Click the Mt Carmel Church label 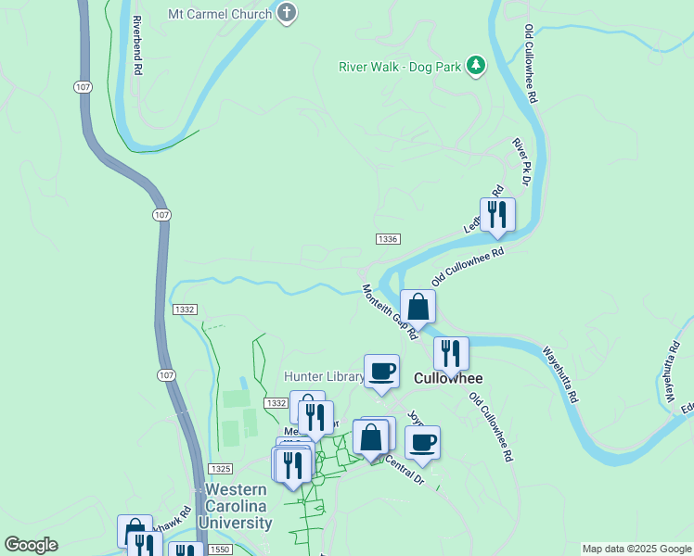click(220, 15)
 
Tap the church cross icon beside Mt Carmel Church click(288, 14)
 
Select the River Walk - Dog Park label click(401, 67)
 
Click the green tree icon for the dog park click(476, 64)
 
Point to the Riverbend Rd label click(136, 44)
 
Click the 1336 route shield click(388, 239)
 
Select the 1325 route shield click(220, 469)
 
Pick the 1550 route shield click(220, 550)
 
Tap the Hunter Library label click(322, 376)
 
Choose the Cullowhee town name click(444, 378)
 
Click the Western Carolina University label click(239, 506)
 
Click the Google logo click(32, 545)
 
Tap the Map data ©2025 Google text click(636, 549)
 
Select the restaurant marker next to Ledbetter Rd click(497, 215)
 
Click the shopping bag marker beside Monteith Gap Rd click(418, 307)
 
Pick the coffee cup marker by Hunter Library click(381, 372)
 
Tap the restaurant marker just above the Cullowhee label click(451, 354)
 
